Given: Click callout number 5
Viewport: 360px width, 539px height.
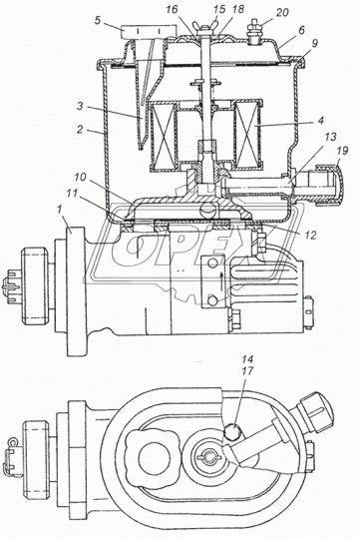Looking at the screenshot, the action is point(98,20).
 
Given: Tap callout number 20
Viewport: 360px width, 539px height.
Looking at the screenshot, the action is point(282,12).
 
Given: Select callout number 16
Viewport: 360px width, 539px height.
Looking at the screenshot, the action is point(172,9).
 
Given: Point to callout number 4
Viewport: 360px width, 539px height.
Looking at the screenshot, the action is point(320,121).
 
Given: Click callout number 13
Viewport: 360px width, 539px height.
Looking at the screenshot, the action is point(330,137).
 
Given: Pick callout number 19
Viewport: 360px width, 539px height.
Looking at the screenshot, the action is point(343,150).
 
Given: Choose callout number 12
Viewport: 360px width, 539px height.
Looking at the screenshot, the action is point(310,235).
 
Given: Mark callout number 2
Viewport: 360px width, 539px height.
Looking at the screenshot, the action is point(80,129).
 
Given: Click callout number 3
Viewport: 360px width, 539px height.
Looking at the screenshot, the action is point(80,106).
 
